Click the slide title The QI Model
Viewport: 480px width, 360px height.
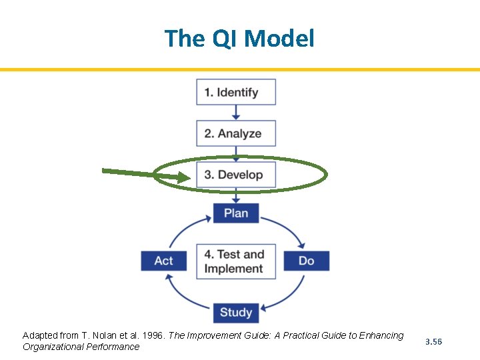[239, 38]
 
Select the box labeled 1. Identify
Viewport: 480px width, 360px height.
[236, 92]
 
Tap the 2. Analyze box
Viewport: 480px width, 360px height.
[236, 133]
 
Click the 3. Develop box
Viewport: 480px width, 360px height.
[236, 175]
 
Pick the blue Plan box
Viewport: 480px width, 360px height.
[236, 213]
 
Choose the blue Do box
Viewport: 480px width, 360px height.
[306, 261]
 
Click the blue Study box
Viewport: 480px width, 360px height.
[236, 312]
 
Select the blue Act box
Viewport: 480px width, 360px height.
[163, 261]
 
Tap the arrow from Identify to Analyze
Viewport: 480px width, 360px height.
[236, 113]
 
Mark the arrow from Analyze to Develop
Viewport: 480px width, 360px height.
[236, 154]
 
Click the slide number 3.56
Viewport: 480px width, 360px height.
[433, 341]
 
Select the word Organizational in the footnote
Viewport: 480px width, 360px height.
[53, 347]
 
